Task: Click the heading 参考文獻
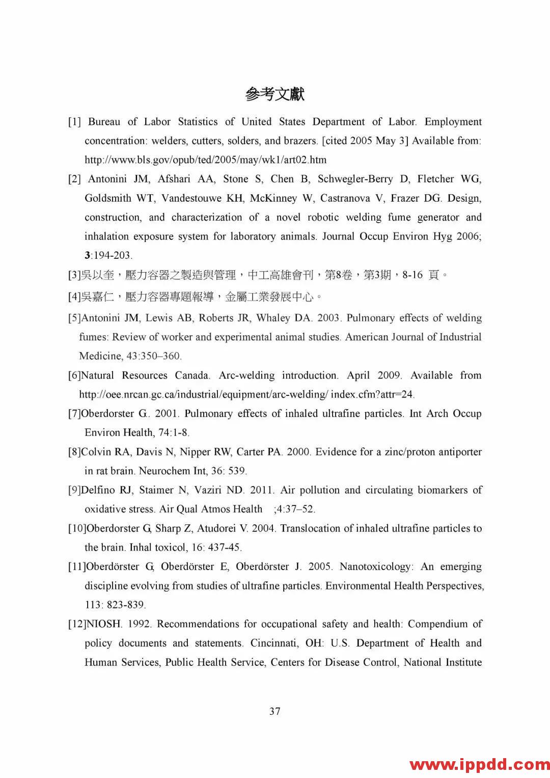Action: [x=274, y=94]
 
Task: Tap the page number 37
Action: [x=275, y=711]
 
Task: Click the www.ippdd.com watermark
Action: [x=479, y=764]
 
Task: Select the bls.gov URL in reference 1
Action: [x=205, y=160]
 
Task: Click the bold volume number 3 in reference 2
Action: [x=87, y=255]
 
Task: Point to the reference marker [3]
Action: [x=74, y=275]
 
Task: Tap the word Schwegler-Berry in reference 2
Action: [x=355, y=179]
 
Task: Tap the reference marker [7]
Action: [x=74, y=414]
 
